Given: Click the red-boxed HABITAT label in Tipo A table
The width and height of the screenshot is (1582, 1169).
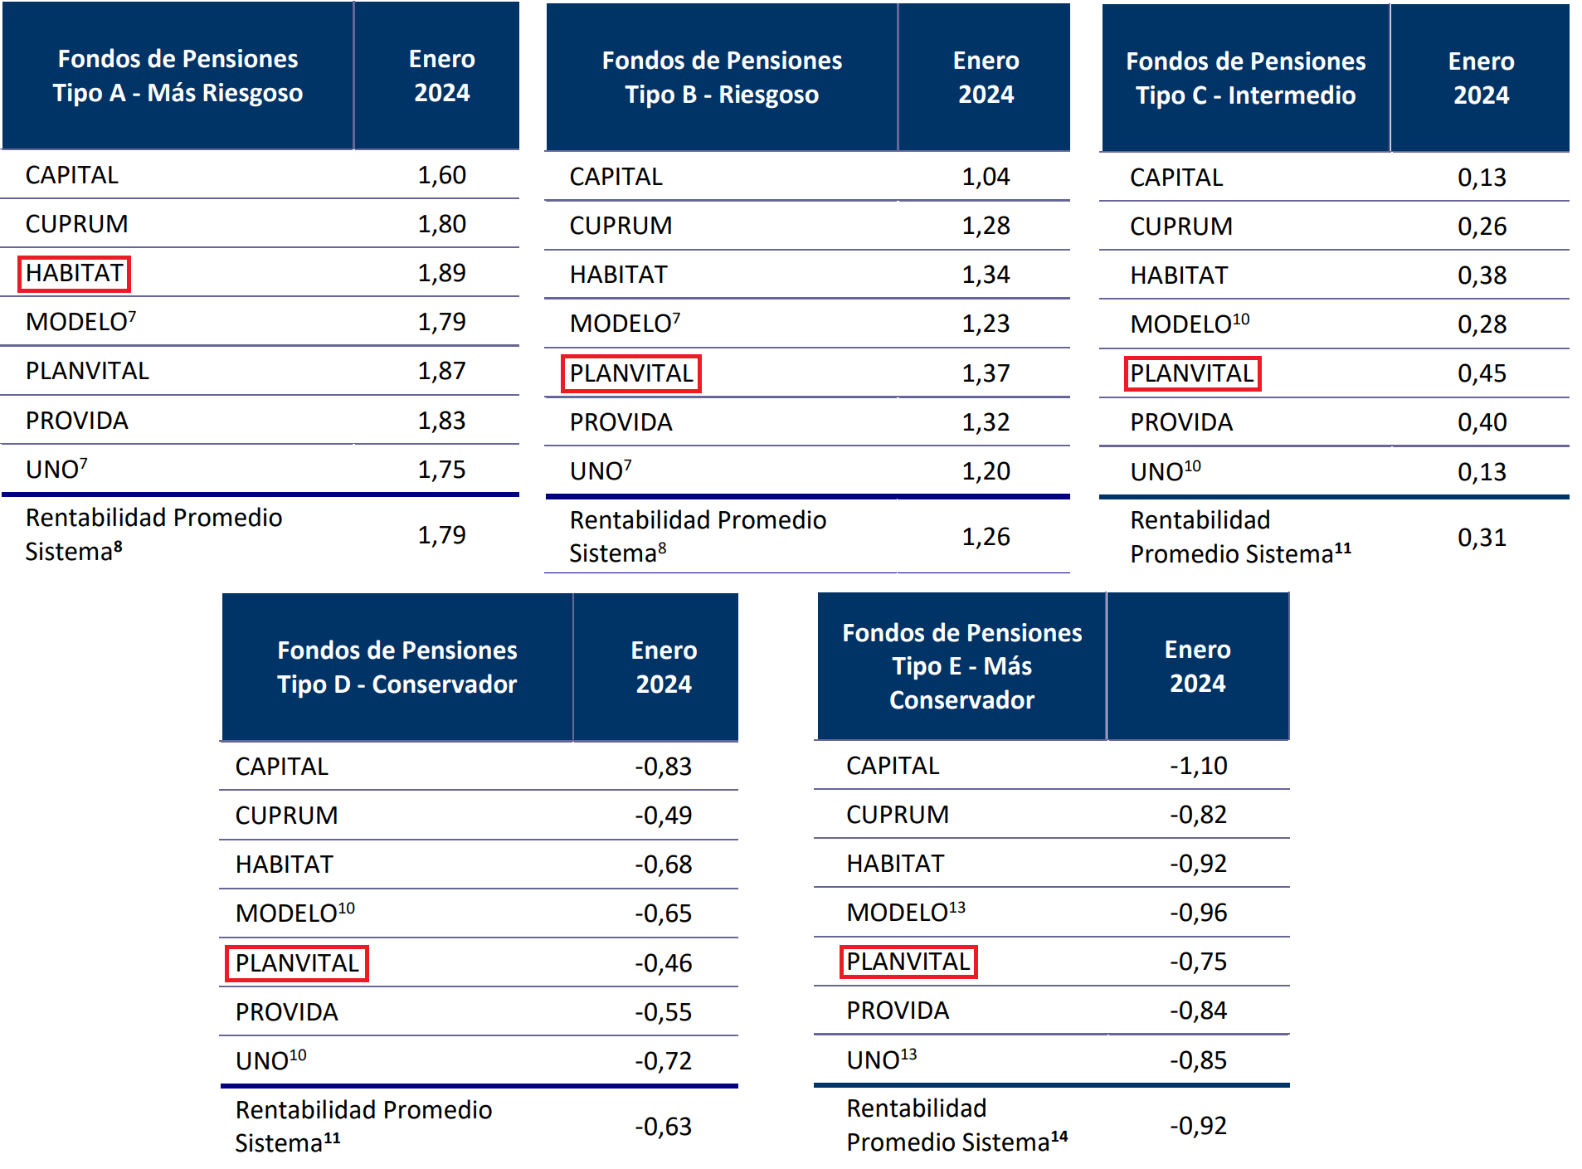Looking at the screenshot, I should (74, 273).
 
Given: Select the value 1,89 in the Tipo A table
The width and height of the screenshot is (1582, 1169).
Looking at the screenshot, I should (441, 273).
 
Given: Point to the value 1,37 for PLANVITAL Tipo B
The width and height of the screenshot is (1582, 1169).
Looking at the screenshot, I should (986, 373).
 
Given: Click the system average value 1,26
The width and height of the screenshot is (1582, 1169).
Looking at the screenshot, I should (986, 537).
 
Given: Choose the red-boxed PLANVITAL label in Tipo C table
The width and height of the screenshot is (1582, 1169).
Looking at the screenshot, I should (1192, 373).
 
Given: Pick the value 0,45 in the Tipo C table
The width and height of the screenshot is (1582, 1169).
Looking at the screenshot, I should (1482, 373).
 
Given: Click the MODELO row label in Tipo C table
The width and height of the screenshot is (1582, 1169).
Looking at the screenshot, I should (1189, 324).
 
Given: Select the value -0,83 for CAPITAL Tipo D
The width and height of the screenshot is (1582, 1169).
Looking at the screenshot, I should (663, 767).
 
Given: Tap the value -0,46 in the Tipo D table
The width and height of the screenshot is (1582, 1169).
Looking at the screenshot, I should (663, 963).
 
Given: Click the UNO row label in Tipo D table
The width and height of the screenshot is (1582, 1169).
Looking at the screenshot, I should (270, 1061).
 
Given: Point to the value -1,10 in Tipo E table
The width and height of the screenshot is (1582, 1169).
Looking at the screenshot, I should (1198, 766).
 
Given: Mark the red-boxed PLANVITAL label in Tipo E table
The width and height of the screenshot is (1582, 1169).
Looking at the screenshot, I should (908, 962).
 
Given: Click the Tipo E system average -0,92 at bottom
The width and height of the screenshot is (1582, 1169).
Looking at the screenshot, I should (1198, 1126).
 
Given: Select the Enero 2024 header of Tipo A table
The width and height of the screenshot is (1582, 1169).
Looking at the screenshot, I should (441, 75).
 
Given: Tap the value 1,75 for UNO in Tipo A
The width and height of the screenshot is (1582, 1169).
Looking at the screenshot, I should (441, 470).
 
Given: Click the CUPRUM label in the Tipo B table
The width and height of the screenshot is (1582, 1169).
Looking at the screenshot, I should (621, 226).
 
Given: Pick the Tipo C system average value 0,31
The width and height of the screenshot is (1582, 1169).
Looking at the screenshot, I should (1482, 538).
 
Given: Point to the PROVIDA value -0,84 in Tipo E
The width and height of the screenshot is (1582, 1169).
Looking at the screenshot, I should (1198, 1011).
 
